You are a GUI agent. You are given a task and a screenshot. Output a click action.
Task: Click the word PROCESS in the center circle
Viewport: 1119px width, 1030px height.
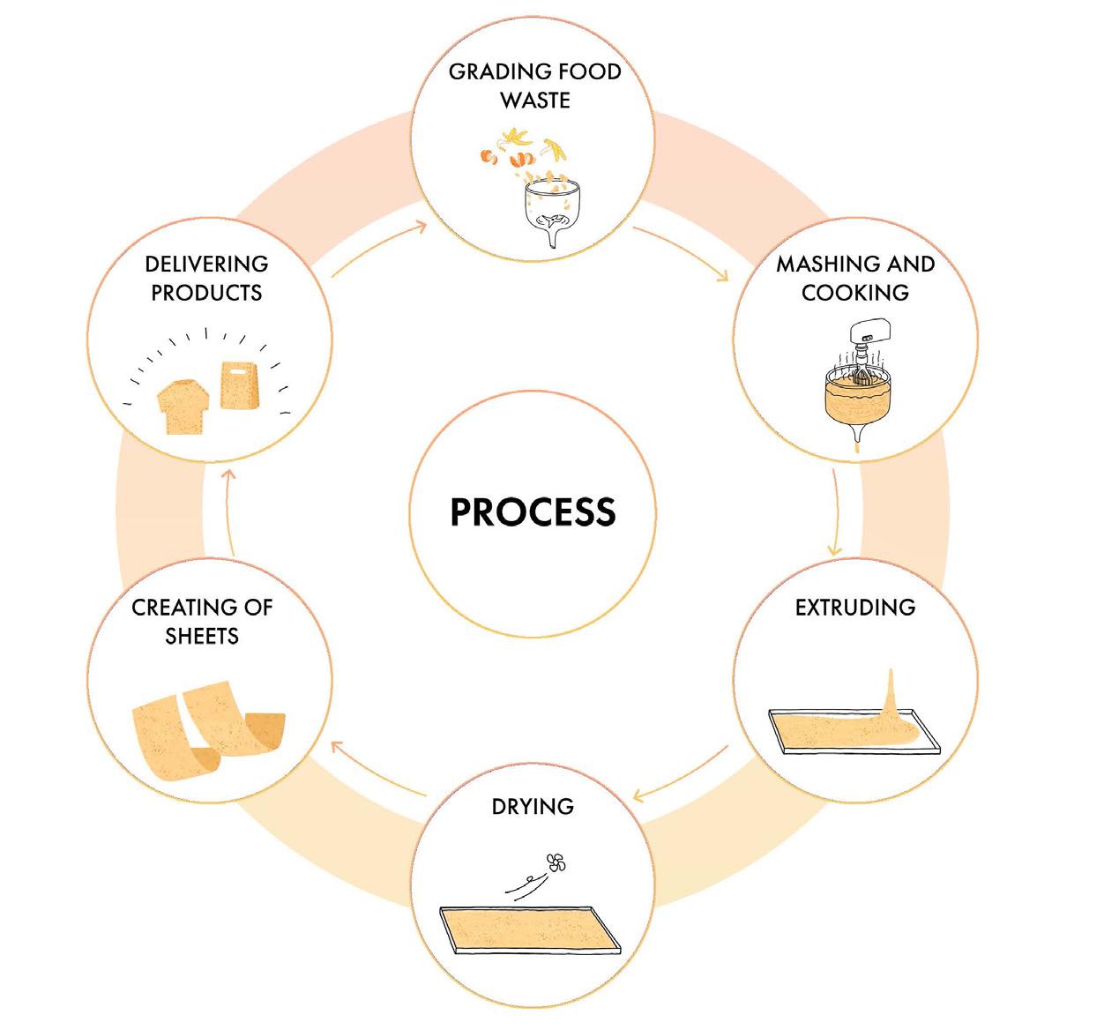533,512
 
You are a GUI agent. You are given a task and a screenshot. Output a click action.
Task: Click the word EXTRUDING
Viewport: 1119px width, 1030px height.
854,608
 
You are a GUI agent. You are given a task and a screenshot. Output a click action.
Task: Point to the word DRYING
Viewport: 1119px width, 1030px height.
533,806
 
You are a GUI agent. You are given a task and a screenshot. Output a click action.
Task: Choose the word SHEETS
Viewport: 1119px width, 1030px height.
202,636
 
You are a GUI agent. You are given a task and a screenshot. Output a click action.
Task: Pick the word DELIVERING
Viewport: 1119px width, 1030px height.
206,265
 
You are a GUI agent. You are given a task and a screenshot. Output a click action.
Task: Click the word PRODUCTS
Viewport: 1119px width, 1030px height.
206,293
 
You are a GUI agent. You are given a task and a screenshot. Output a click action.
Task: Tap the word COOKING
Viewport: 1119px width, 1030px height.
854,293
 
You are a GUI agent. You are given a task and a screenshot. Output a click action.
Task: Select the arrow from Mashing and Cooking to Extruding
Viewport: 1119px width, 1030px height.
836,511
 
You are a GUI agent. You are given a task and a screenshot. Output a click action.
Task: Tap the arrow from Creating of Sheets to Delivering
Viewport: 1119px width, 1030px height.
228,511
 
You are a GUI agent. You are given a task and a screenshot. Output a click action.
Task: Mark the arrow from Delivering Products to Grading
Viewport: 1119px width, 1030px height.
379,250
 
